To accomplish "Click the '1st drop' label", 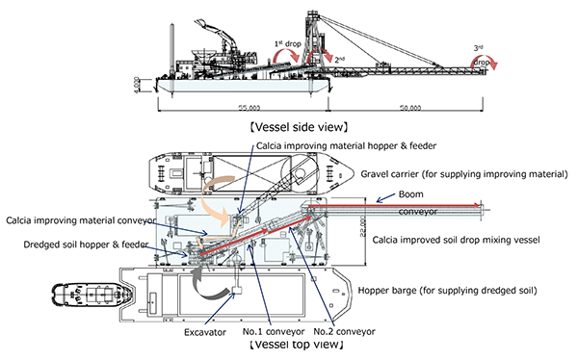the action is (288, 44).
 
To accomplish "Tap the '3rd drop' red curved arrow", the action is (485, 60).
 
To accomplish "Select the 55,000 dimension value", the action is (250, 108).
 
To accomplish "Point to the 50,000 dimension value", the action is (410, 108).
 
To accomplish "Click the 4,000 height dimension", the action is (137, 85).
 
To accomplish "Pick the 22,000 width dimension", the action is (363, 226).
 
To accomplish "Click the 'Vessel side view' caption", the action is (299, 127).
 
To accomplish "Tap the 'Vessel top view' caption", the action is (297, 345).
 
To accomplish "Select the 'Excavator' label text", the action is (205, 332).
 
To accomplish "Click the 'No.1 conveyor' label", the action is (274, 332).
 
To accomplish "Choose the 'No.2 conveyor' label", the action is (344, 332).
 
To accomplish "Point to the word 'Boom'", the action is (410, 194).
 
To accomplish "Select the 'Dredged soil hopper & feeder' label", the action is (86, 244).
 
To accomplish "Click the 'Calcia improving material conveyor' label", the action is (81, 220).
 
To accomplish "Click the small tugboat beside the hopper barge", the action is (92, 295).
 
